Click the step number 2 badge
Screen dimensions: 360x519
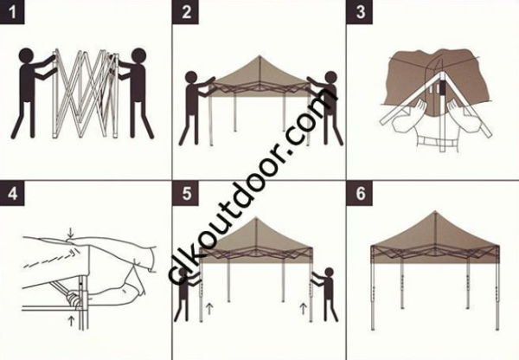[x=188, y=11]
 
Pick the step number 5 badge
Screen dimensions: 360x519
[x=188, y=192]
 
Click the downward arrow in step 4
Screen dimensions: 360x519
[x=70, y=229]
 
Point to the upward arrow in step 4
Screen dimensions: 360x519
[x=70, y=321]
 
